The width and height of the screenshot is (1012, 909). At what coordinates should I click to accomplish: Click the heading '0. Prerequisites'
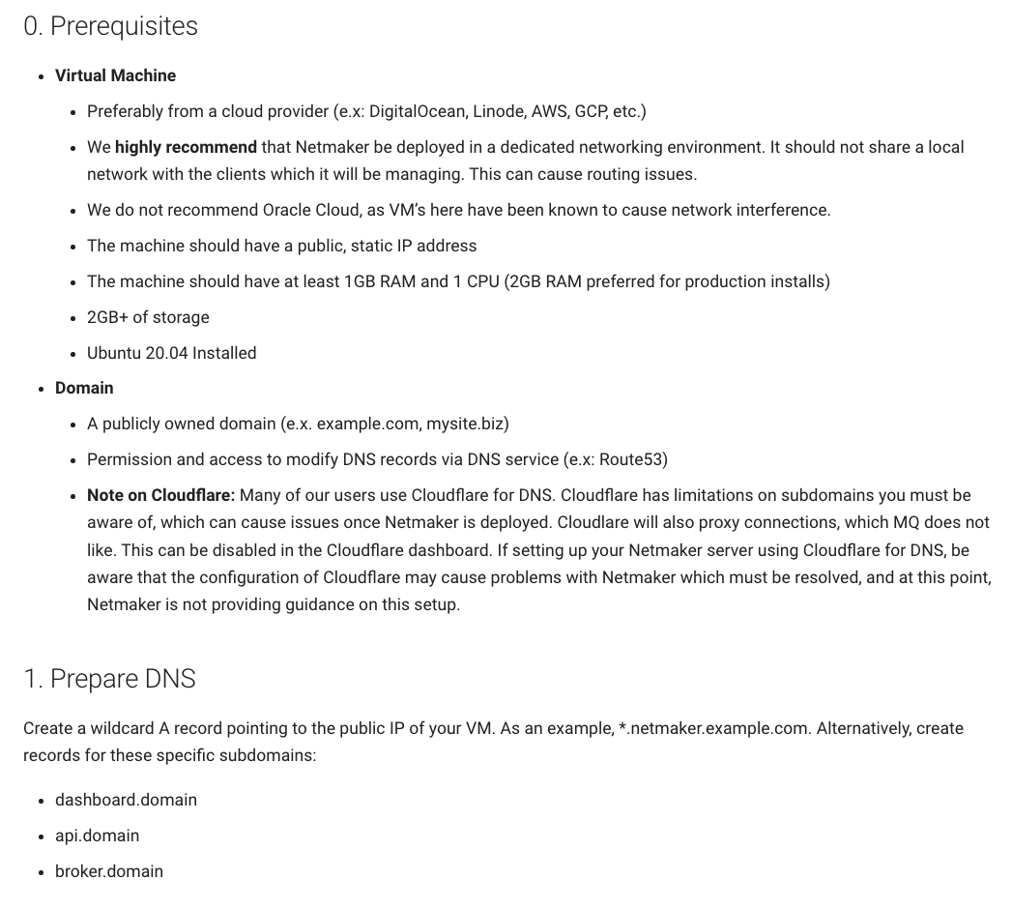click(110, 26)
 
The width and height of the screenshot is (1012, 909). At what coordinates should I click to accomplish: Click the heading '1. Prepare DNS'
click(109, 679)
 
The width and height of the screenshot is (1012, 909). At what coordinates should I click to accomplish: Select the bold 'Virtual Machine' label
click(115, 75)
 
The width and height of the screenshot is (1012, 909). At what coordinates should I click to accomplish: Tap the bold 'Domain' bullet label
click(84, 388)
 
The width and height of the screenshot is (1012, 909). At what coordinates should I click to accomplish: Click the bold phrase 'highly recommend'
click(186, 147)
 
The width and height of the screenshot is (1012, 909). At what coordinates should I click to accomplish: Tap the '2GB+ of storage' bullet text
click(148, 317)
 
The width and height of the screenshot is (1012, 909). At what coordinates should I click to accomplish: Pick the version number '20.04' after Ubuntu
click(166, 353)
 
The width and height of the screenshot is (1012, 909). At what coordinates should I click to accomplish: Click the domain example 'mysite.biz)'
click(468, 424)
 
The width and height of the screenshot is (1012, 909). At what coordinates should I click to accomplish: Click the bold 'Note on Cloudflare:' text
click(160, 495)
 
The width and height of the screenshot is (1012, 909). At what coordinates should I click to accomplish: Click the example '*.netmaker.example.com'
click(712, 728)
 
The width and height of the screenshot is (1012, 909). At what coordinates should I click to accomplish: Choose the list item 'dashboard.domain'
click(126, 800)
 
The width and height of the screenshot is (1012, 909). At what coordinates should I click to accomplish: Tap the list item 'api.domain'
click(97, 836)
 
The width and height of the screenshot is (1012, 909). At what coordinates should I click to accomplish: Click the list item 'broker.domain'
click(108, 871)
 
